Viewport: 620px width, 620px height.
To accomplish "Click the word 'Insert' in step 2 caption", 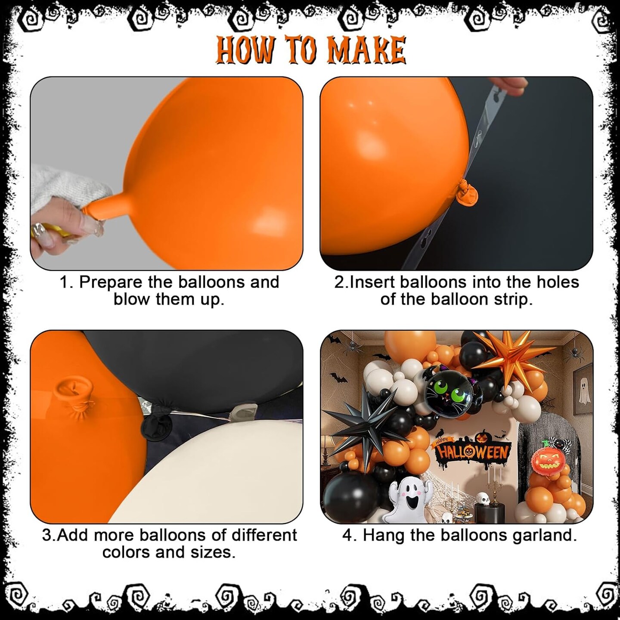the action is [x=372, y=282].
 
